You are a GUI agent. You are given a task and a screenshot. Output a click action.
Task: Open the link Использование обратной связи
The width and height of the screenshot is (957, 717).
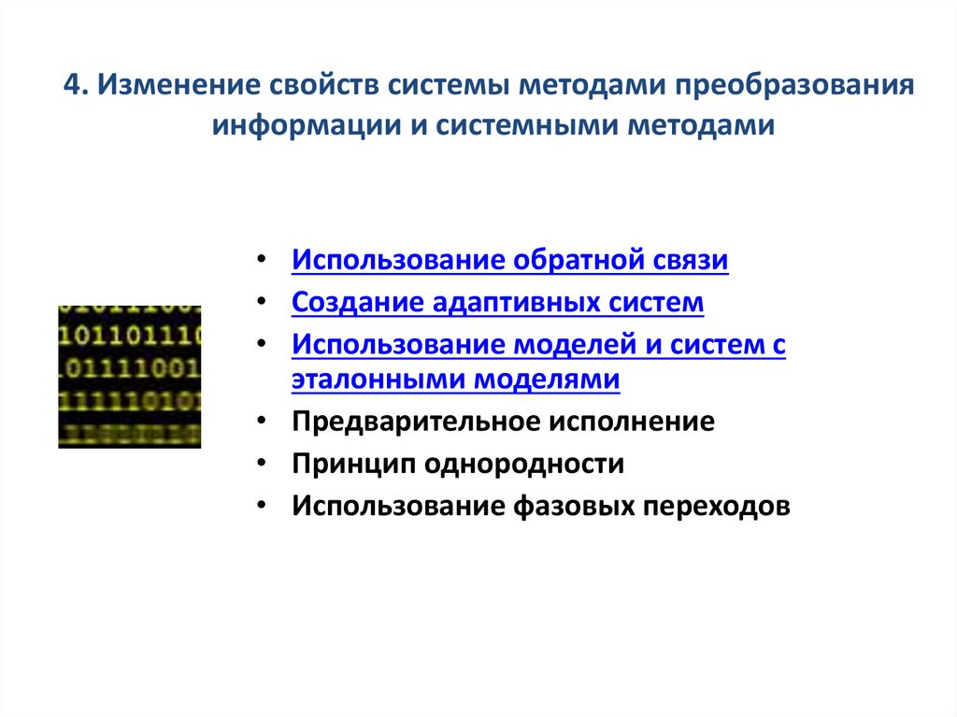[509, 260]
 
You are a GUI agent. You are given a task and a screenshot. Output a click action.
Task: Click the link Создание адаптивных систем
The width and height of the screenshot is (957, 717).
[497, 303]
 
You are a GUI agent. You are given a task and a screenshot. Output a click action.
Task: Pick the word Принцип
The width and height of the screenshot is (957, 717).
[352, 464]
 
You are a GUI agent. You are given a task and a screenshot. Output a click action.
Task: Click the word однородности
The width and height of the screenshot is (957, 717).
[522, 464]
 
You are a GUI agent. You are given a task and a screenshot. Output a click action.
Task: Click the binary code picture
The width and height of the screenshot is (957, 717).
[129, 376]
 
